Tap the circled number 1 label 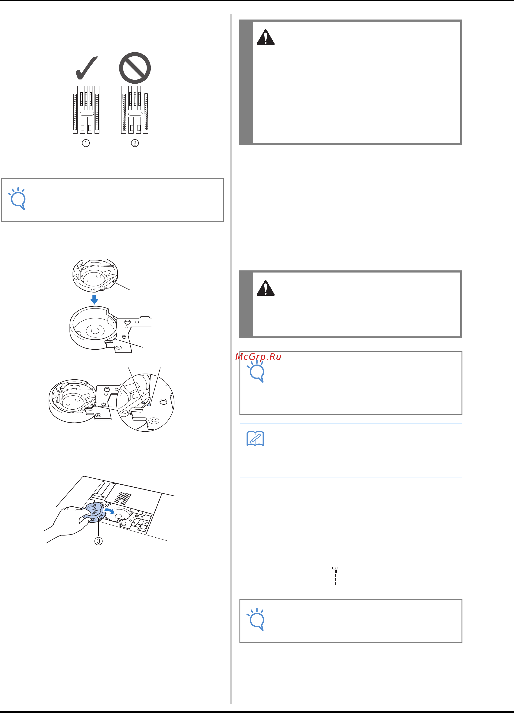pyautogui.click(x=86, y=143)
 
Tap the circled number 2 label pyautogui.click(x=135, y=143)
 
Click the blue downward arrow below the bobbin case pyautogui.click(x=94, y=299)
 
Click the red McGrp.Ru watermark pyautogui.click(x=258, y=357)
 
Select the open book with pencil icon pyautogui.click(x=255, y=438)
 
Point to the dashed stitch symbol pyautogui.click(x=335, y=576)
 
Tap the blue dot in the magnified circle pyautogui.click(x=149, y=405)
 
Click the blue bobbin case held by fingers pyautogui.click(x=93, y=513)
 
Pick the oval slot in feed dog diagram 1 pyautogui.click(x=87, y=113)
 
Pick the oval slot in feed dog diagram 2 pyautogui.click(x=135, y=113)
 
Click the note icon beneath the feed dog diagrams pyautogui.click(x=18, y=198)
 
